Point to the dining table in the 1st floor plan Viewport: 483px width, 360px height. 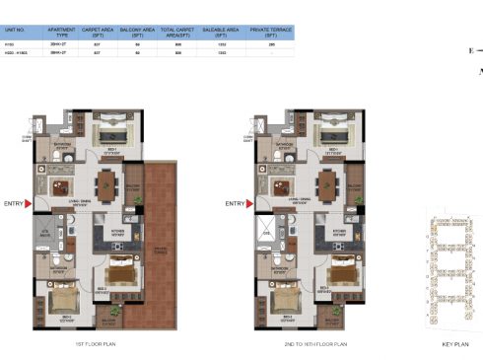coord(106,183)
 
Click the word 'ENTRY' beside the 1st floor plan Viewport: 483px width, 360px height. coord(12,204)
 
